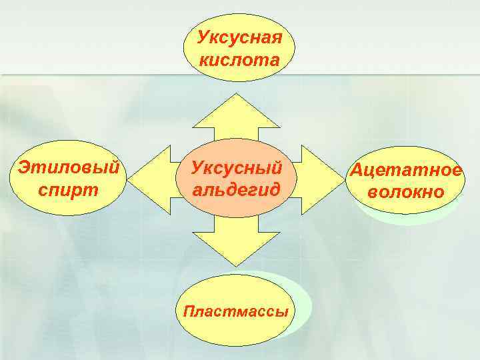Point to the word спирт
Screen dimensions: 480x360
click(69, 189)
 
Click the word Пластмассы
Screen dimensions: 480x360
click(237, 311)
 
